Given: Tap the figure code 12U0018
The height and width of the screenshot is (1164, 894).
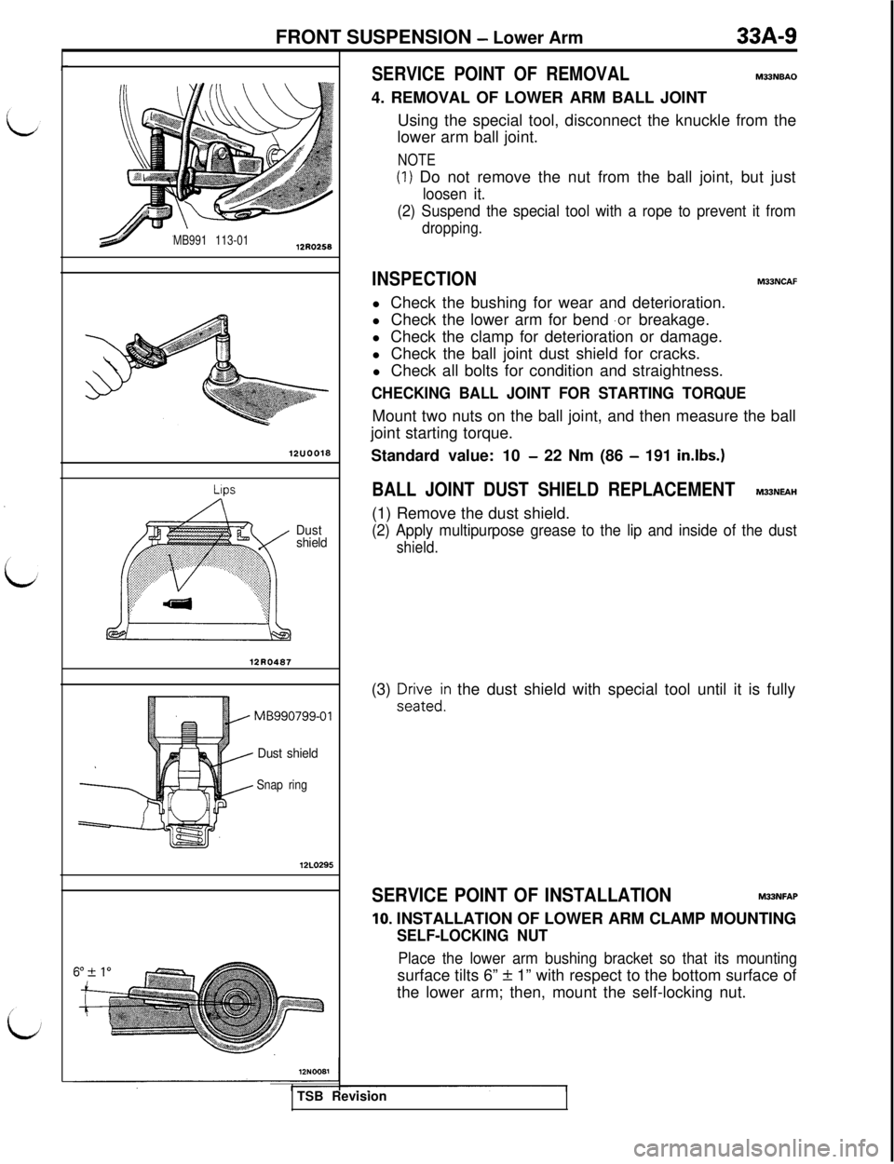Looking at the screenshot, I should click(x=311, y=453).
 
